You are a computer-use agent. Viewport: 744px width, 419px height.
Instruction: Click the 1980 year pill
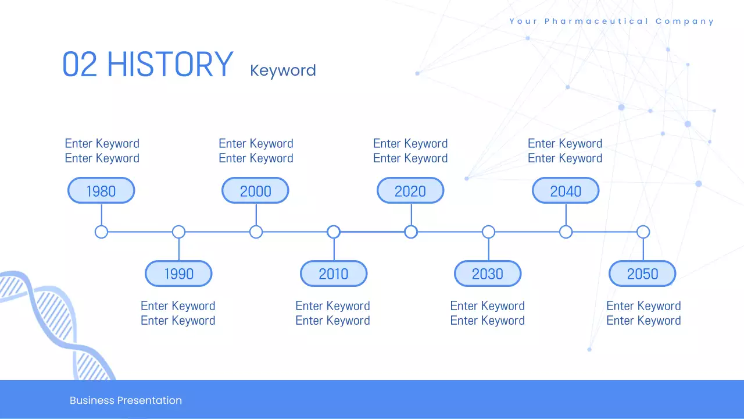pyautogui.click(x=101, y=190)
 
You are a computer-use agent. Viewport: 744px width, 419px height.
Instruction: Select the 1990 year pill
pyautogui.click(x=178, y=274)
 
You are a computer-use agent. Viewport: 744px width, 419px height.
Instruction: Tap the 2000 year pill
pyautogui.click(x=255, y=190)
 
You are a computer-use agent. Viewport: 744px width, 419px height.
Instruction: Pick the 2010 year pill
pyautogui.click(x=334, y=274)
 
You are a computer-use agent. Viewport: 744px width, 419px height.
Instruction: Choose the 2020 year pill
pyautogui.click(x=410, y=190)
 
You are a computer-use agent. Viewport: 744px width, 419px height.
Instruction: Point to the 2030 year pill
pyautogui.click(x=488, y=274)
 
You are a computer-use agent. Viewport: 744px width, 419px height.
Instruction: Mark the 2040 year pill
pyautogui.click(x=566, y=190)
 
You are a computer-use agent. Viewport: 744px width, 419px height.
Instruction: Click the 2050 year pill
pyautogui.click(x=642, y=274)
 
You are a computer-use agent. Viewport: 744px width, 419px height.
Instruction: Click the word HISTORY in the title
pyautogui.click(x=170, y=64)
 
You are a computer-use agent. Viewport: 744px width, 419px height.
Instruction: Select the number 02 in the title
pyautogui.click(x=80, y=64)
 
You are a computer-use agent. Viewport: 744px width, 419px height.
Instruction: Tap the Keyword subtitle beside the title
pyautogui.click(x=283, y=70)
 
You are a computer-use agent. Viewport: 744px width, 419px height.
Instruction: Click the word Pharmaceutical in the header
pyautogui.click(x=596, y=22)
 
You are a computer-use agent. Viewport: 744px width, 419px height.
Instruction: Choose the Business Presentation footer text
pyautogui.click(x=126, y=400)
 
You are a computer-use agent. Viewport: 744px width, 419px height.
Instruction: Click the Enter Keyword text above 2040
pyautogui.click(x=565, y=151)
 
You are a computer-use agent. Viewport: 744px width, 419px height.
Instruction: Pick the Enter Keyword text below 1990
pyautogui.click(x=178, y=313)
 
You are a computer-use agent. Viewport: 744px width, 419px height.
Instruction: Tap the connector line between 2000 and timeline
pyautogui.click(x=256, y=215)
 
